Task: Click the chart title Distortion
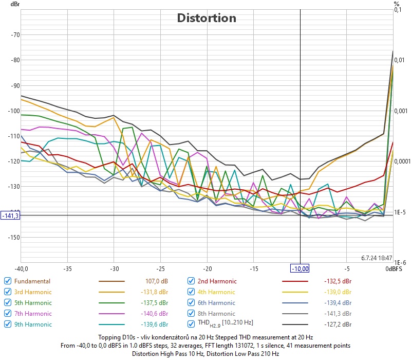[x=207, y=18]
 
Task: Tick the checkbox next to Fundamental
[x=8, y=281]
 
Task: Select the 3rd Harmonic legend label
[x=33, y=292]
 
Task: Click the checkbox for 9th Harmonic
[x=8, y=325]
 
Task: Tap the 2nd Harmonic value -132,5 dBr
[x=338, y=281]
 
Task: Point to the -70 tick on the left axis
[x=15, y=34]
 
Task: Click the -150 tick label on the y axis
[x=14, y=237]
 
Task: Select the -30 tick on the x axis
[x=114, y=268]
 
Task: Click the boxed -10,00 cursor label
[x=300, y=268]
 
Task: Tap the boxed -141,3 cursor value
[x=10, y=215]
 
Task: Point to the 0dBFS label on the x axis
[x=394, y=268]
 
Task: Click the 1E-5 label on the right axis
[x=400, y=212]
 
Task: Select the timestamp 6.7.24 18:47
[x=377, y=258]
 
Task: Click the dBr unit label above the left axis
[x=15, y=4]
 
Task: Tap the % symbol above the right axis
[x=397, y=4]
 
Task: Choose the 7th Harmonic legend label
[x=33, y=314]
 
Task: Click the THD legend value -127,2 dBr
[x=338, y=325]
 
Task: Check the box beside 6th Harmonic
[x=191, y=302]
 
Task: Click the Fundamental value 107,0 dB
[x=157, y=281]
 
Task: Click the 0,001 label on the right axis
[x=401, y=111]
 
